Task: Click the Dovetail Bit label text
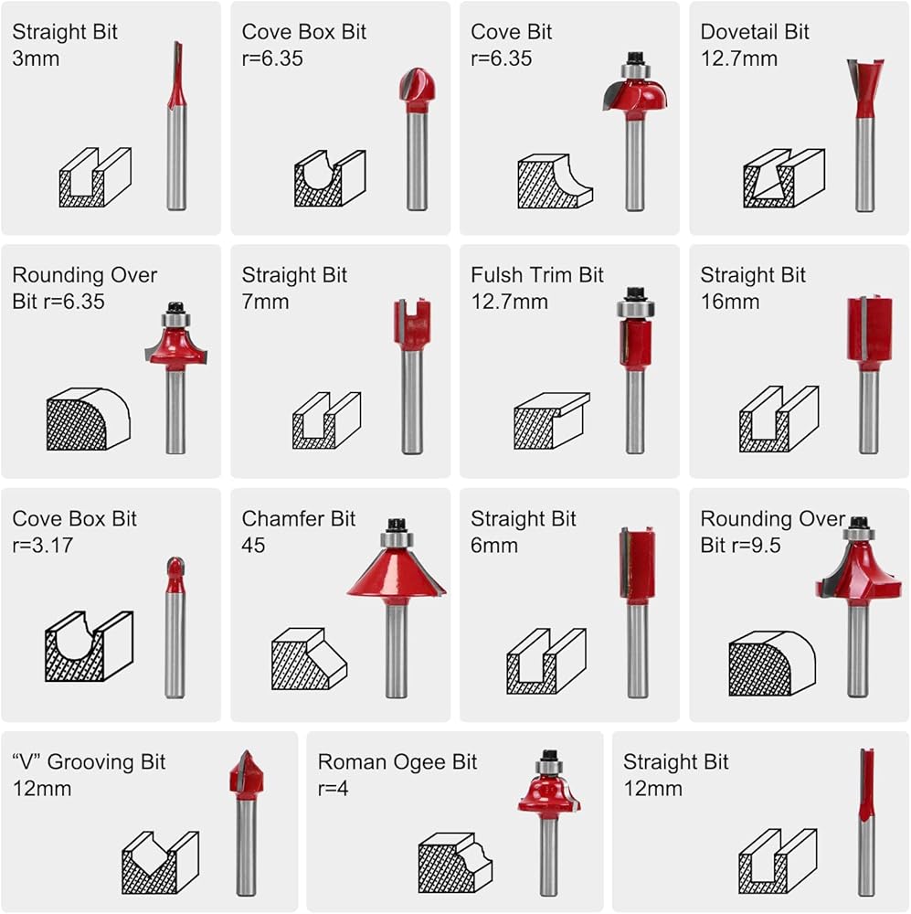pos(754,31)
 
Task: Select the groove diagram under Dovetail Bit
pos(783,178)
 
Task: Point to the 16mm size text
pos(730,302)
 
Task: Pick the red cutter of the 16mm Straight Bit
pos(870,333)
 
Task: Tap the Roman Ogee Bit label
pos(397,762)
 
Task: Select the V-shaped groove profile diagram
pos(160,864)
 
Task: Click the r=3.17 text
pos(43,545)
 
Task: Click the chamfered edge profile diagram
pos(309,659)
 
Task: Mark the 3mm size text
pos(36,58)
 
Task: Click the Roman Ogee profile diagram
pos(455,864)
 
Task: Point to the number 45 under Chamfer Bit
pos(253,546)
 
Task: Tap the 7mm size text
pos(265,302)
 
